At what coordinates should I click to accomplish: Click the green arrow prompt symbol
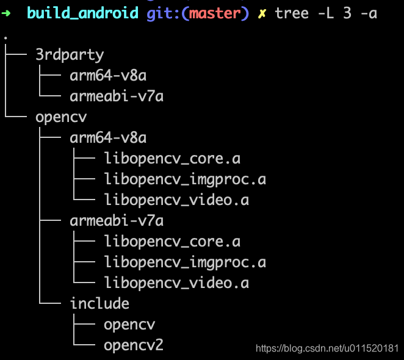[x=5, y=13]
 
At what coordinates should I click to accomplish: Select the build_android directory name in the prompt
[x=82, y=13]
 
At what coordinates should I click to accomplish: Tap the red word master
[x=215, y=13]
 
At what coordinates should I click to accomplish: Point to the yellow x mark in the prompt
[x=262, y=13]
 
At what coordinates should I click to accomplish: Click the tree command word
[x=292, y=13]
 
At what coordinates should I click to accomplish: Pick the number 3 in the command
[x=347, y=13]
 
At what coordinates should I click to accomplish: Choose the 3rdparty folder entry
[x=70, y=55]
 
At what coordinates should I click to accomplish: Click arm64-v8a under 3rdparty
[x=108, y=76]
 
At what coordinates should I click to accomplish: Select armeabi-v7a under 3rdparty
[x=117, y=96]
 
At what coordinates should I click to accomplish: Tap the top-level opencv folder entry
[x=61, y=118]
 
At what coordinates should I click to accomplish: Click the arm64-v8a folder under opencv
[x=108, y=138]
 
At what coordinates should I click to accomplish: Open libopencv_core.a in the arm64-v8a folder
[x=172, y=159]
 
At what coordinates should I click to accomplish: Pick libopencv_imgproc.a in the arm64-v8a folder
[x=185, y=179]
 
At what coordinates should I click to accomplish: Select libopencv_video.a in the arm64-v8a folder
[x=176, y=200]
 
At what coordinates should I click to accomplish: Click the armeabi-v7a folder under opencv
[x=117, y=221]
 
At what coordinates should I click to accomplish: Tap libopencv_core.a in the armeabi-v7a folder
[x=172, y=242]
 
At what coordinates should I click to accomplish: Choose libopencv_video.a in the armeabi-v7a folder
[x=176, y=283]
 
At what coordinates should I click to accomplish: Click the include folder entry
[x=99, y=303]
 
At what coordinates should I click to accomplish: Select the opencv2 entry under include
[x=134, y=345]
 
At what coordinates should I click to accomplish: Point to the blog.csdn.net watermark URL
[x=327, y=348]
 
